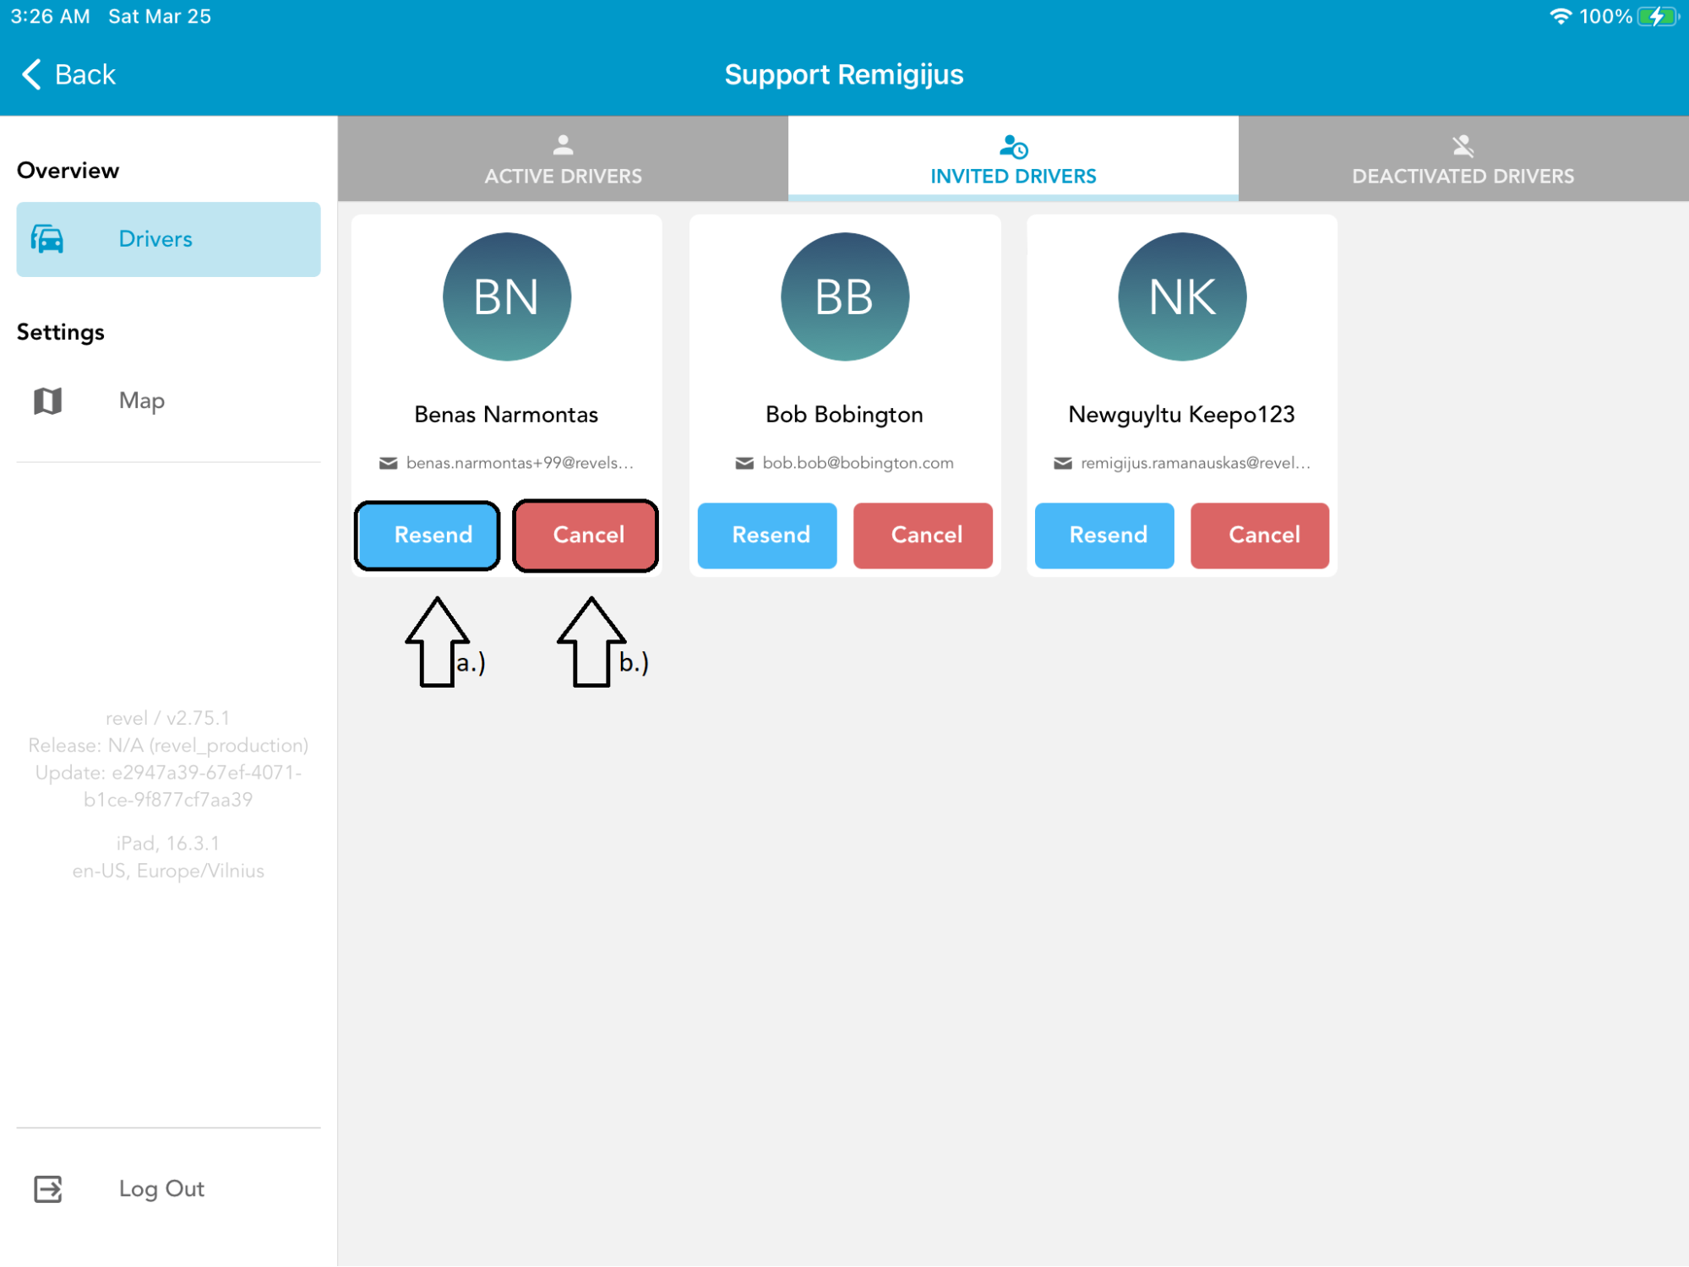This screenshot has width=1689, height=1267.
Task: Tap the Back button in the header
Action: [68, 74]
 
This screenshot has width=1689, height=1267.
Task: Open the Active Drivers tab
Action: [563, 159]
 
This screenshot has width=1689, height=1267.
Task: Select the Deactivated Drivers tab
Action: [1463, 159]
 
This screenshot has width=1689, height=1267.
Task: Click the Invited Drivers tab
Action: [1013, 159]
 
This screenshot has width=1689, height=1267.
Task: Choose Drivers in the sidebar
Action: [168, 239]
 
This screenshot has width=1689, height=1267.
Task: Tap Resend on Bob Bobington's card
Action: [767, 536]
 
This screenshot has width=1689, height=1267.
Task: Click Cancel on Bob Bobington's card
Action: [923, 536]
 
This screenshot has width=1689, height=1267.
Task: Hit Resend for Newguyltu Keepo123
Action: [1104, 536]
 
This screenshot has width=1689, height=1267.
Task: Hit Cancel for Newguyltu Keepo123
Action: [1260, 536]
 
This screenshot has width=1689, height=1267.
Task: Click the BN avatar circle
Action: [507, 296]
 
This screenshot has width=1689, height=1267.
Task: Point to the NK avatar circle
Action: [1182, 296]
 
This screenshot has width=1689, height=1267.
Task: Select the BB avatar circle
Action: [845, 296]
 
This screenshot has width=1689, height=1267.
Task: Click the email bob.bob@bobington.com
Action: [858, 463]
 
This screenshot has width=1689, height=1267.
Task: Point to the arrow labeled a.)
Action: [437, 642]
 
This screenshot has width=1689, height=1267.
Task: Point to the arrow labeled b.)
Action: [591, 642]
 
